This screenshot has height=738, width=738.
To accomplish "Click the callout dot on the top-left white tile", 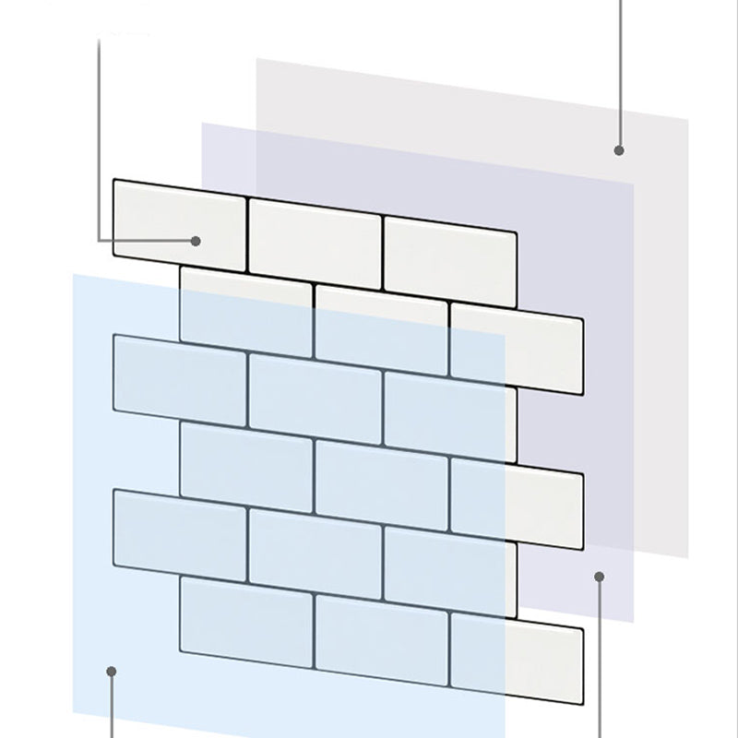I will tap(196, 241).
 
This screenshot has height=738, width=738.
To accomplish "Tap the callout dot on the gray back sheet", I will tap(619, 149).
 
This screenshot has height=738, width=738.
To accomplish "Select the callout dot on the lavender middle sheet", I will tap(600, 577).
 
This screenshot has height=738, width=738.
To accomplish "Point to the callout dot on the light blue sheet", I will tap(112, 671).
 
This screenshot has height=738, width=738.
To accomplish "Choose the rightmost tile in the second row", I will tap(517, 349).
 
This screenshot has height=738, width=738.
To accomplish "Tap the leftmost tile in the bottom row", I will tap(246, 616).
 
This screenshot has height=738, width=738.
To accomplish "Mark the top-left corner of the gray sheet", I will tap(256, 59).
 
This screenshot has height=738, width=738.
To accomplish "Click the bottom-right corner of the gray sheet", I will tap(688, 558).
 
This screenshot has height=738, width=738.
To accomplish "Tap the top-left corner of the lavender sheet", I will tap(202, 123).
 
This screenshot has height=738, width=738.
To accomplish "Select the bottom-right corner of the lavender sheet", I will tap(634, 623).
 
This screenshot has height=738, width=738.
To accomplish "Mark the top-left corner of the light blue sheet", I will tap(74, 274).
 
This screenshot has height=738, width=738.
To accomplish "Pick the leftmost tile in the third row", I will tap(180, 374).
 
